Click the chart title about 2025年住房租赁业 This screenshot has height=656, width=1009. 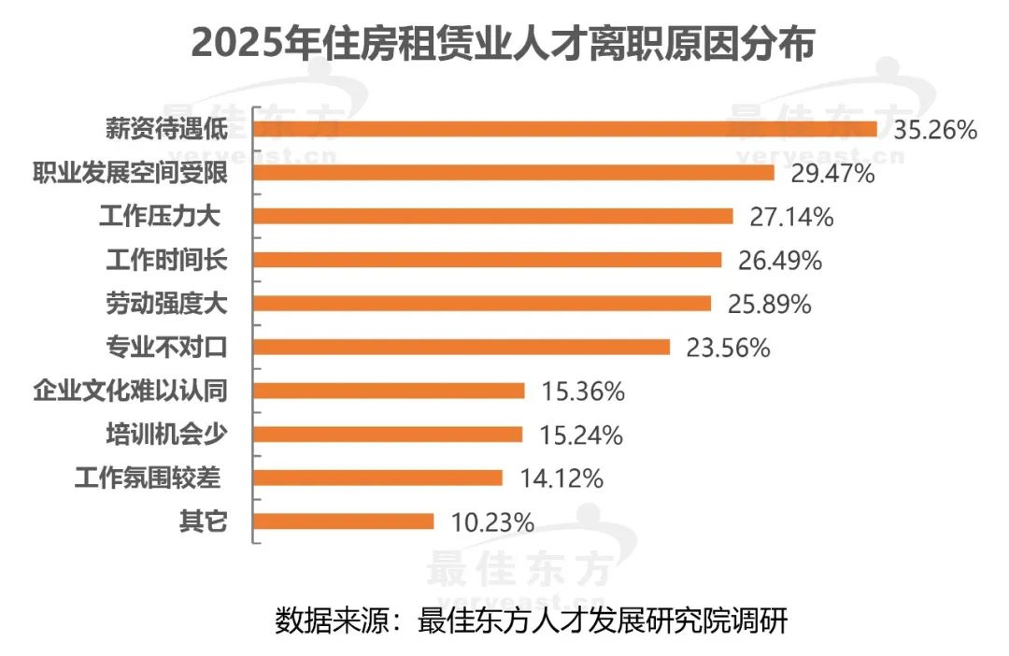(504, 44)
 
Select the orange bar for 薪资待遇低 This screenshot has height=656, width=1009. (565, 129)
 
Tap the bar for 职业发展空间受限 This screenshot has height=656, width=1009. (514, 173)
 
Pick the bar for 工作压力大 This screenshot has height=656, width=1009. (493, 216)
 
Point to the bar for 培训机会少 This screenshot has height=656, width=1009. (388, 434)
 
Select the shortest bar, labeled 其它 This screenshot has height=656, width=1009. (344, 521)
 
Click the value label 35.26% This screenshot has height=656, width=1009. (935, 130)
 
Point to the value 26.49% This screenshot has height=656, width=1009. (780, 261)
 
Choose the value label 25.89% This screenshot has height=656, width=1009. (769, 304)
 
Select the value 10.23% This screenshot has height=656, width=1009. (492, 522)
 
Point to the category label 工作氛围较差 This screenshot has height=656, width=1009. (148, 478)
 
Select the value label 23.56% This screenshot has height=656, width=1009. (728, 348)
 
